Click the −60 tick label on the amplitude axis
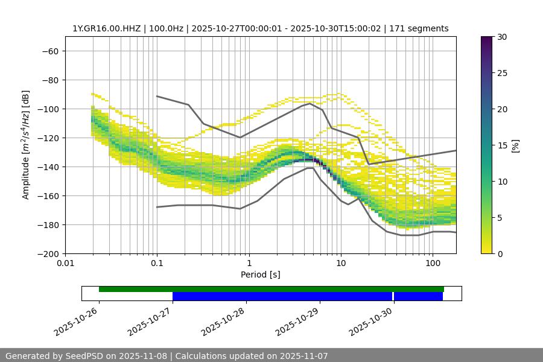tap(49, 51)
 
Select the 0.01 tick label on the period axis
tap(65, 264)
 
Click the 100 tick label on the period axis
tap(432, 264)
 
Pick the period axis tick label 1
tap(249, 264)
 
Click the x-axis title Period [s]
tap(260, 275)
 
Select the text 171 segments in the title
tap(419, 28)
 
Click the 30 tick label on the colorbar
tap(502, 37)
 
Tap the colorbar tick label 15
tap(502, 145)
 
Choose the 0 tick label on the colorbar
tap(500, 253)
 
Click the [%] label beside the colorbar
tap(515, 145)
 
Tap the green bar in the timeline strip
tap(271, 289)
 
